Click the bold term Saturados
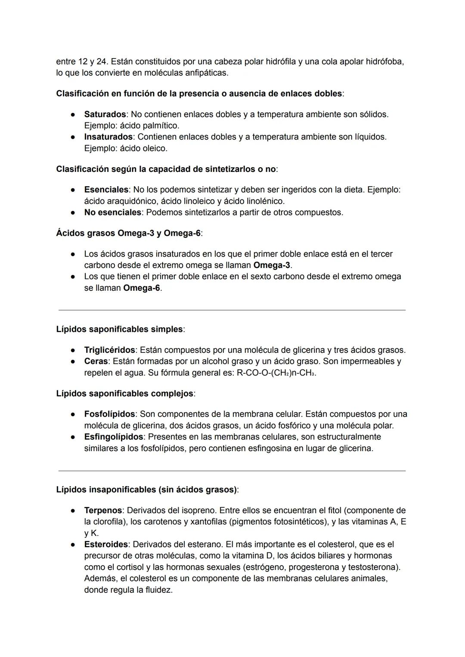tap(105, 115)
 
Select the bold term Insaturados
tap(108, 137)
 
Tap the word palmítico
tap(160, 126)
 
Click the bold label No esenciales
tap(112, 212)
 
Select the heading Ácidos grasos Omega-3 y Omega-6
tap(128, 233)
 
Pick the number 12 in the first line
tap(84, 62)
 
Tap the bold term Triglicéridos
tap(109, 350)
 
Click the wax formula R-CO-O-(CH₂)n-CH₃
tap(276, 373)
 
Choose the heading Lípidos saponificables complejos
tap(125, 393)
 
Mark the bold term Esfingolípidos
tap(114, 437)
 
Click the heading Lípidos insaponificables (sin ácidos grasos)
tap(146, 490)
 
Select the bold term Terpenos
tap(103, 511)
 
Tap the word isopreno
tap(198, 511)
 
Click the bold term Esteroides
tap(106, 545)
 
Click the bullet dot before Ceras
tap(74, 361)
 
